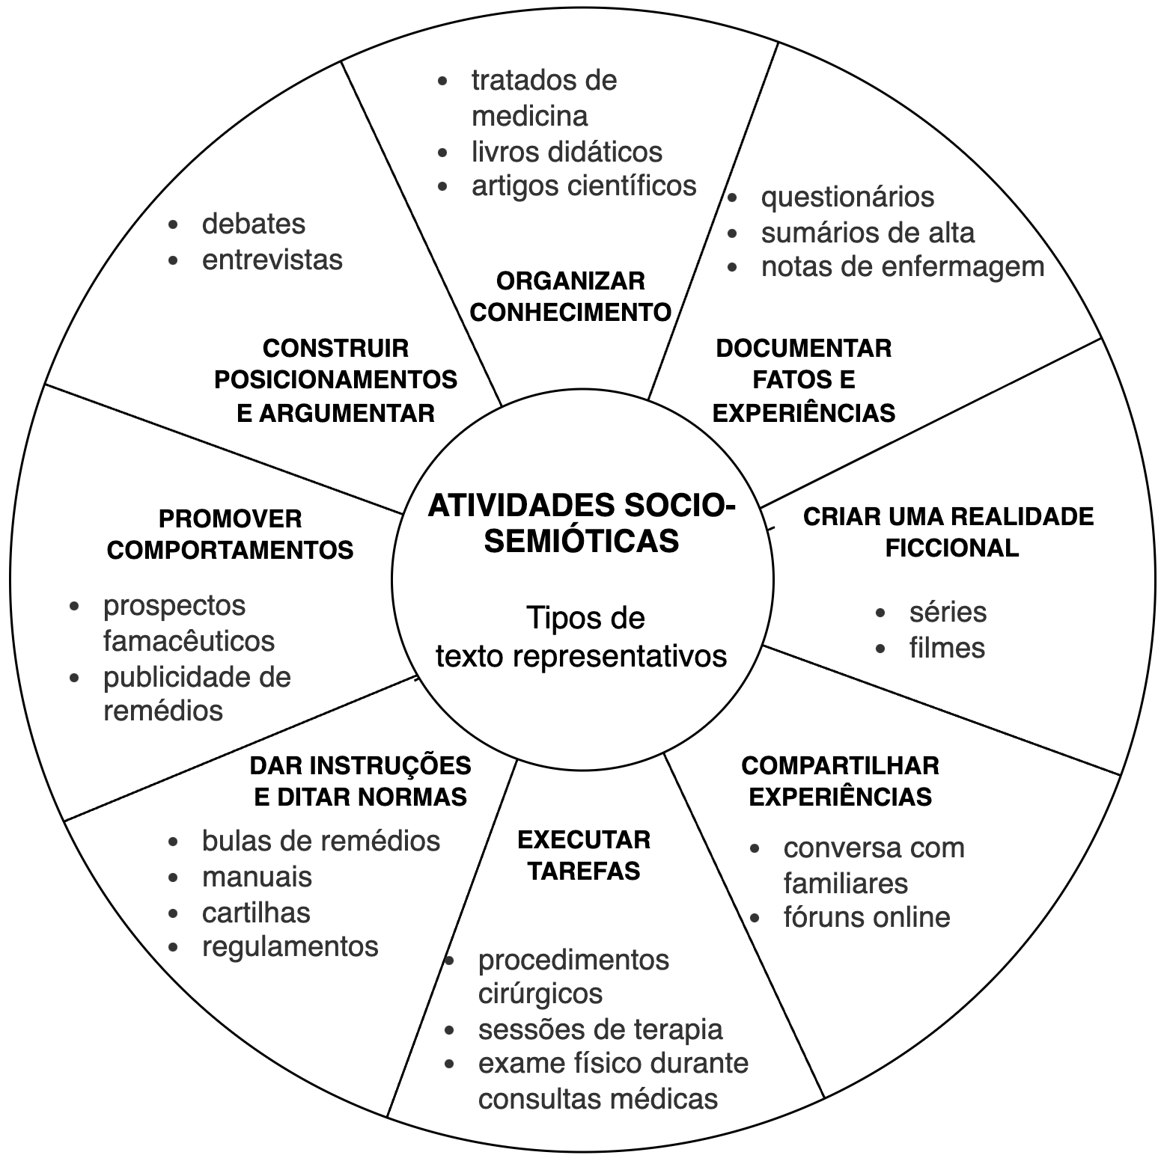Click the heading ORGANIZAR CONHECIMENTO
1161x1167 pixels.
[x=570, y=296]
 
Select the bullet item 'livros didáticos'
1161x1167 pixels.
[x=567, y=152]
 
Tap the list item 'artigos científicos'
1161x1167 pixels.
[x=584, y=186]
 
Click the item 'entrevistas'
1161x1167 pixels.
[x=272, y=260]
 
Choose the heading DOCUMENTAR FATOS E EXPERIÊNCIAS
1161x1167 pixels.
[x=804, y=380]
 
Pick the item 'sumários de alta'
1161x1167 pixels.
[x=868, y=233]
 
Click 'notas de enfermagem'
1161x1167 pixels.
[x=902, y=266]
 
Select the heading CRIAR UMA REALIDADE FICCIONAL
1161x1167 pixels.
[x=949, y=532]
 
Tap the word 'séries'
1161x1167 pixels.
[x=948, y=612]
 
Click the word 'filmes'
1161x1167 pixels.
[x=947, y=648]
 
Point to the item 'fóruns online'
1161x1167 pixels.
[x=867, y=917]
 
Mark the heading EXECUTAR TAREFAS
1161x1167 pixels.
[x=584, y=855]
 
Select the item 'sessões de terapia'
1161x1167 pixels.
[x=600, y=1029]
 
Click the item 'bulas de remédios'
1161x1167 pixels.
[x=321, y=841]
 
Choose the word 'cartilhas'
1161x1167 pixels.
[x=256, y=913]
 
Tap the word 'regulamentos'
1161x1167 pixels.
[x=290, y=946]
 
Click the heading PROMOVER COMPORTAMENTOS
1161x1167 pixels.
[x=231, y=534]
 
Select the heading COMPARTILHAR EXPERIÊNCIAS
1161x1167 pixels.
[x=840, y=781]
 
